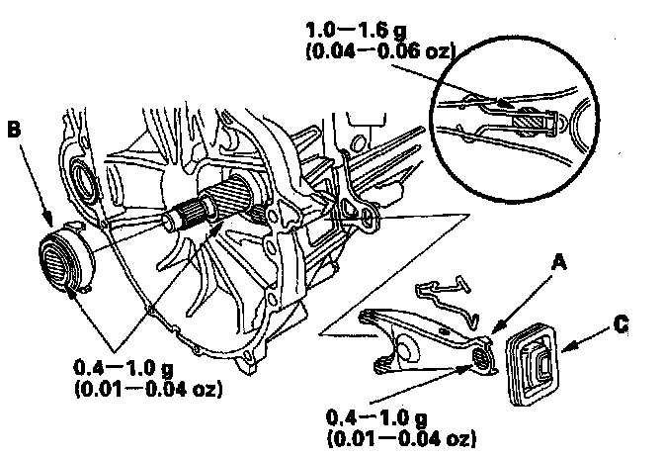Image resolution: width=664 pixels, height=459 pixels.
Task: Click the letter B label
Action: coord(14,129)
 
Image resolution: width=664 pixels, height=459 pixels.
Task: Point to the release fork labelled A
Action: coord(415,336)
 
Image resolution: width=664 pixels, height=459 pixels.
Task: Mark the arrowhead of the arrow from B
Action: coord(49,227)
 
